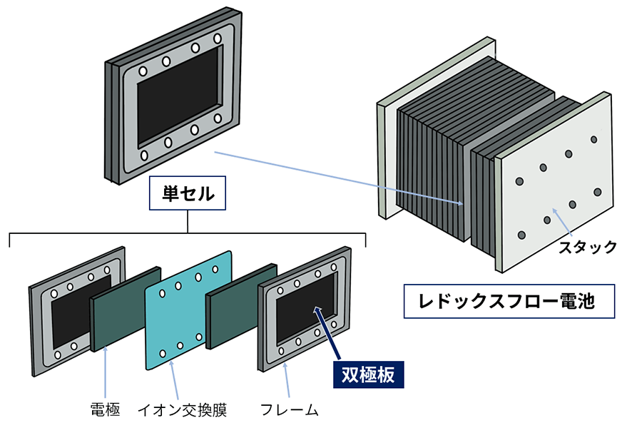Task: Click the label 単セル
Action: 187,194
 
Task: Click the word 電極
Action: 105,409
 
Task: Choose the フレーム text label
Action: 289,409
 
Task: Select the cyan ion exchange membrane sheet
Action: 189,310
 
